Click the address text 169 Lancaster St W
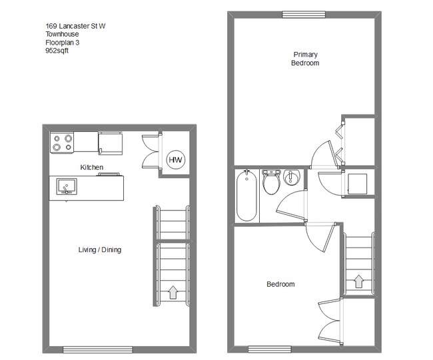75,27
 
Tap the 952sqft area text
57,50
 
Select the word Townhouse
62,35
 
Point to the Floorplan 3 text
67,42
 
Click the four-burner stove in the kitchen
62,142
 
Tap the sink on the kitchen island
66,186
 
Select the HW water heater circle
176,160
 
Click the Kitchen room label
92,166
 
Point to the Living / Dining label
100,250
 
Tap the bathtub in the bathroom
246,196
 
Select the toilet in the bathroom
271,182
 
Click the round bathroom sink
292,178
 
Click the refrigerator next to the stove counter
111,141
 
